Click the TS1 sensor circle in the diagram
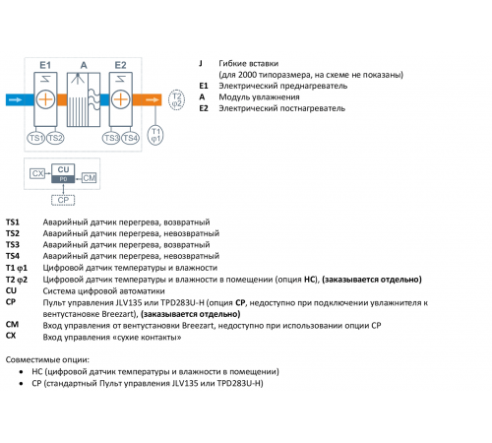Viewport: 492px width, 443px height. click(x=35, y=138)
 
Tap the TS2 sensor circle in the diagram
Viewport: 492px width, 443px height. click(x=55, y=138)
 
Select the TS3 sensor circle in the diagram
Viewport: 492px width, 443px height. click(x=111, y=138)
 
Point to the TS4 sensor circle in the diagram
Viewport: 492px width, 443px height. click(x=130, y=138)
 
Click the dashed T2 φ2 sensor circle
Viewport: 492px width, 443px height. click(x=176, y=99)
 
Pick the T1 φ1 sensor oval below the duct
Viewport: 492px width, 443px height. click(x=155, y=135)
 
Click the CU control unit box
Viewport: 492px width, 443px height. click(x=63, y=173)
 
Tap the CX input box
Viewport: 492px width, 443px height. click(x=37, y=173)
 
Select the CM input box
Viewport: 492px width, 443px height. click(x=89, y=178)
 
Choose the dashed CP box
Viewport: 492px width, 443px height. click(x=63, y=200)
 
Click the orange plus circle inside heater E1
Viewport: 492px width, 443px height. click(x=45, y=99)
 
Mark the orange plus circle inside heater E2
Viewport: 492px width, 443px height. click(x=121, y=99)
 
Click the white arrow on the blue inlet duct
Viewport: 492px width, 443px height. click(x=15, y=99)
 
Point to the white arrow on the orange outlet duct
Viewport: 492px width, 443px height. click(x=153, y=99)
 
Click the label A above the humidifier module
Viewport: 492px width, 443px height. click(x=84, y=65)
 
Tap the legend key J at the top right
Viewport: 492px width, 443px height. click(x=201, y=63)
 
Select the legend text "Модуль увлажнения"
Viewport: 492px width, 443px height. click(x=259, y=97)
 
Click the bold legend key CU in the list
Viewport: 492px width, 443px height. click(x=11, y=290)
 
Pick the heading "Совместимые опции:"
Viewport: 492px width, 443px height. click(x=47, y=360)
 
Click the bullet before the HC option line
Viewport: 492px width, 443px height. click(x=22, y=372)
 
